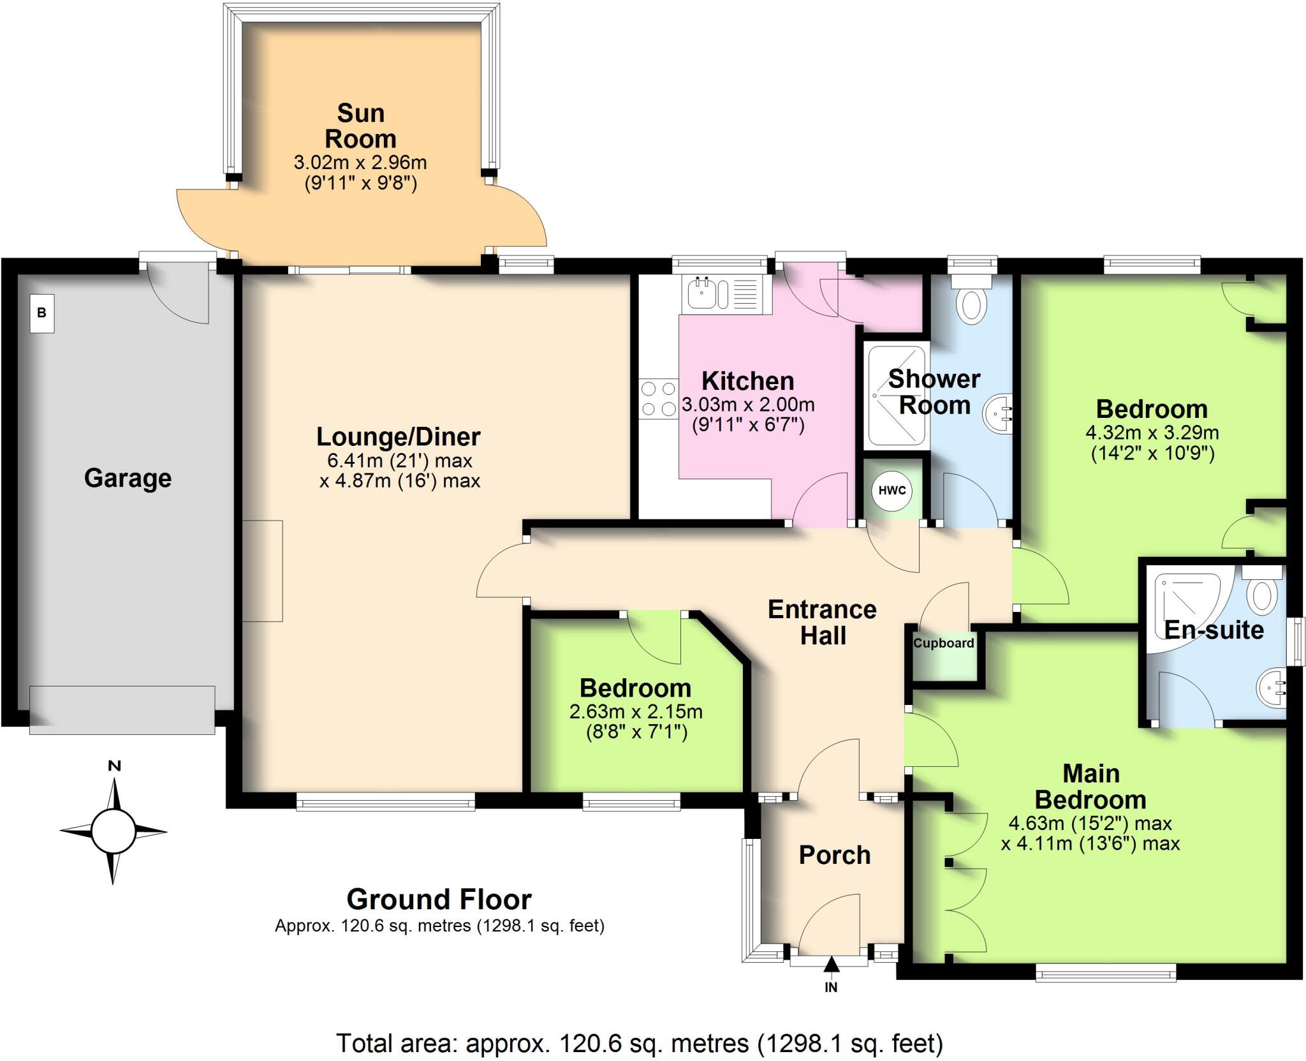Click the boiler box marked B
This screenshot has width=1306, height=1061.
tap(42, 313)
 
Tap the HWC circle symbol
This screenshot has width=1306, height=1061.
tap(891, 490)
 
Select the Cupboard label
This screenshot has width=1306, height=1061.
tap(943, 642)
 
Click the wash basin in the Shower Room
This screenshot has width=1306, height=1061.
tap(999, 413)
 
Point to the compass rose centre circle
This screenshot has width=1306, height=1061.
tap(114, 831)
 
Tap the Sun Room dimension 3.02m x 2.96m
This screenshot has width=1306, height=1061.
tap(360, 162)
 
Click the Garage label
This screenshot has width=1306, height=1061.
tap(128, 478)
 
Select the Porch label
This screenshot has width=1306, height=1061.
tap(834, 855)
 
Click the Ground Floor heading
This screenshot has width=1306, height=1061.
tap(439, 899)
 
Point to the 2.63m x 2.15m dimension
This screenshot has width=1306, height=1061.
tap(636, 711)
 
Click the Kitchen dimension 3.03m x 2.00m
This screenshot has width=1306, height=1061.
tap(748, 404)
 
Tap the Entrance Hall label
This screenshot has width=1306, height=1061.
tap(822, 622)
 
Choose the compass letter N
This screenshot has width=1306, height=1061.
tap(114, 766)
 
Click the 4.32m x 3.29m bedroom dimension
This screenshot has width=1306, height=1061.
tap(1152, 433)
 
